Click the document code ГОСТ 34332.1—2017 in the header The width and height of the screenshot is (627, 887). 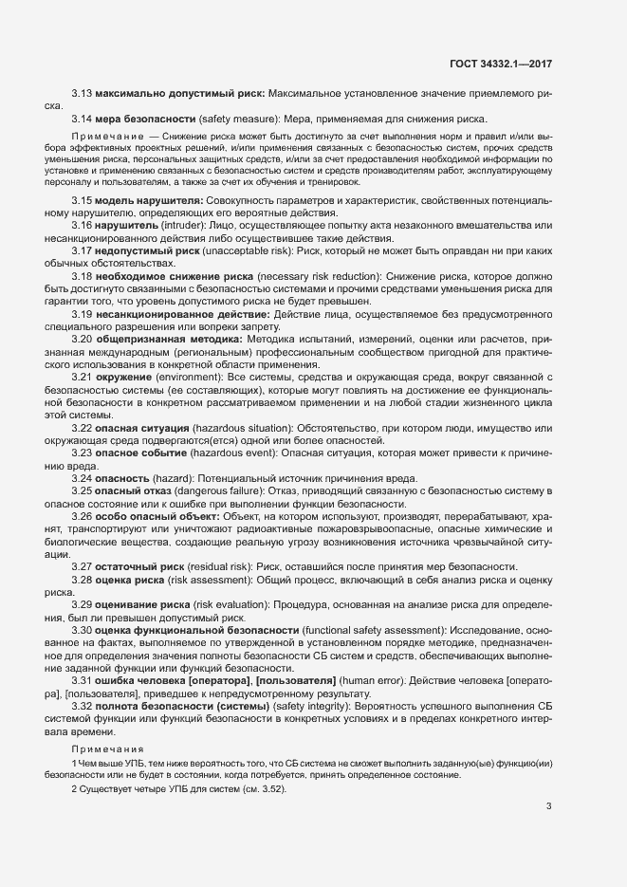(x=501, y=64)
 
